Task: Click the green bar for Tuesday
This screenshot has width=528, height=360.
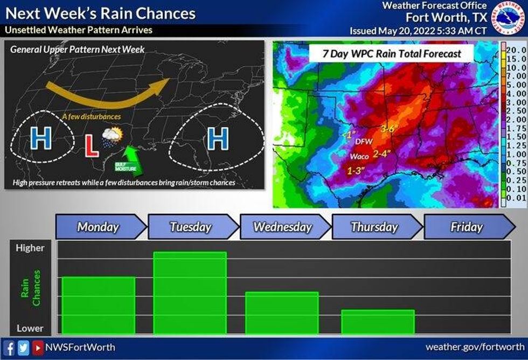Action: point(190,293)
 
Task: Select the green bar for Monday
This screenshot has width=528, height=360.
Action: point(98,305)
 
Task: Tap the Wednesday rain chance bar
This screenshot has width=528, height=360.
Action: point(281,313)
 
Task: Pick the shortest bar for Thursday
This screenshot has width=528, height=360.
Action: point(378,322)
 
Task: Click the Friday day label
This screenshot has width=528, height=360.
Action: point(467,227)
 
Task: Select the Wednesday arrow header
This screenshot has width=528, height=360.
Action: point(283,227)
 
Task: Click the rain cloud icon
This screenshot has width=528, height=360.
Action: point(112,137)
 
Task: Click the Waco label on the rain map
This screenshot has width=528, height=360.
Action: point(359,156)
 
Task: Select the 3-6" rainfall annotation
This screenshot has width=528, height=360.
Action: point(389,129)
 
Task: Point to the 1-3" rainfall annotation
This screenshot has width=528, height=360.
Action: point(356,170)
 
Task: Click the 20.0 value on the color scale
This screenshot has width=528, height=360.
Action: point(516,50)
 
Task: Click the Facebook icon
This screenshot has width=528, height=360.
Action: point(10,347)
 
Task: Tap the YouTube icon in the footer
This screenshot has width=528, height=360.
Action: point(37,347)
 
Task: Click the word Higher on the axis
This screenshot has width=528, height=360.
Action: point(31,248)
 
